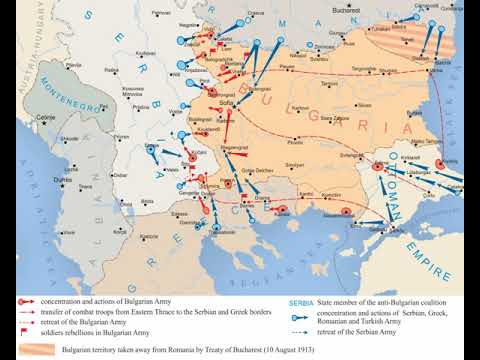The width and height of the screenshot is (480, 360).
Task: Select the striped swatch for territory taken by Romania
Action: point(28,349)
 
